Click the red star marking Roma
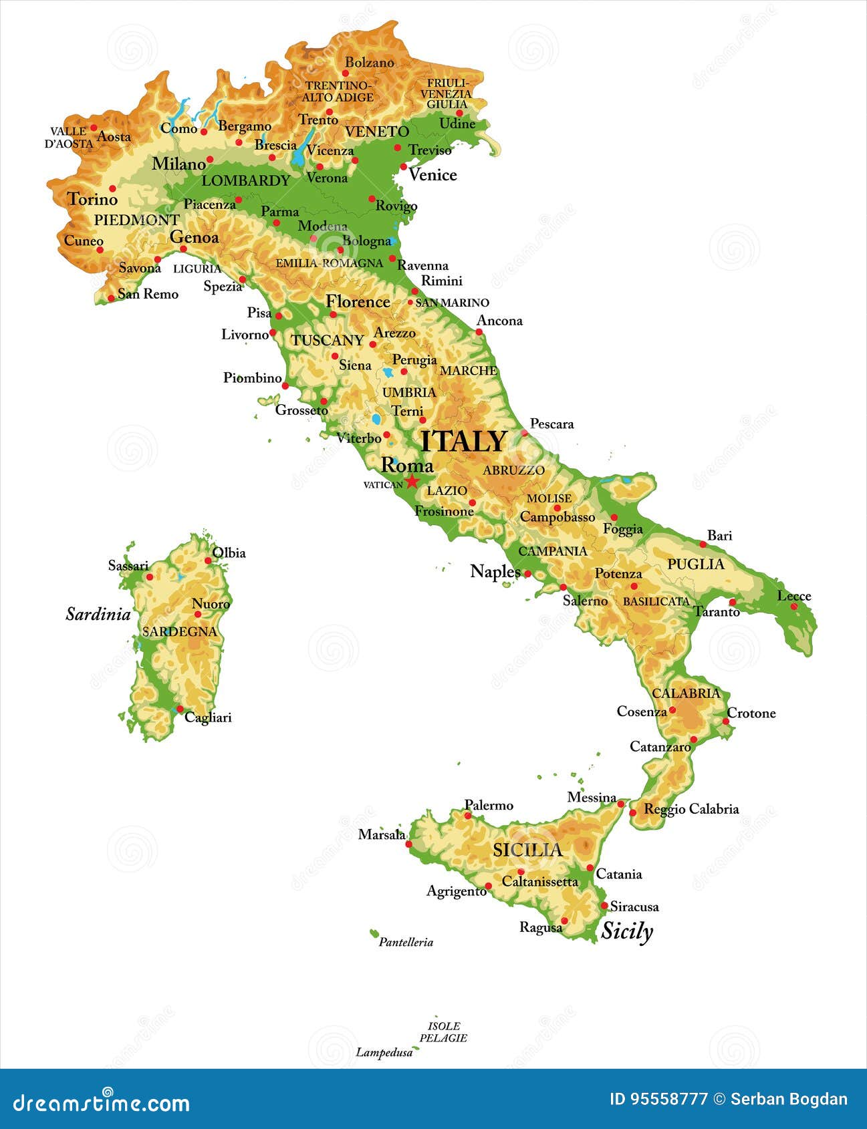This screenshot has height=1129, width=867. pyautogui.click(x=412, y=481)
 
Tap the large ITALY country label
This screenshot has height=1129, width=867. pyautogui.click(x=464, y=442)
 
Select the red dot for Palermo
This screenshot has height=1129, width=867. pyautogui.click(x=468, y=816)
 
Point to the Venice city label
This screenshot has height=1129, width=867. pyautogui.click(x=432, y=175)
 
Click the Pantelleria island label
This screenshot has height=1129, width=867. pyautogui.click(x=406, y=942)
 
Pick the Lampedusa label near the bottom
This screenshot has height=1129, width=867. pyautogui.click(x=384, y=1053)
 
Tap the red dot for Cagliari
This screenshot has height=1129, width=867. pyautogui.click(x=179, y=709)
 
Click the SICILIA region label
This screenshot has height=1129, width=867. pyautogui.click(x=527, y=850)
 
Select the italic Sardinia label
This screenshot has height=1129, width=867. pyautogui.click(x=98, y=614)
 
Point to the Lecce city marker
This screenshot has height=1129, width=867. pyautogui.click(x=794, y=607)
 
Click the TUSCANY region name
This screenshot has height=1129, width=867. pyautogui.click(x=327, y=340)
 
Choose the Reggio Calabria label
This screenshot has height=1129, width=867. pyautogui.click(x=691, y=809)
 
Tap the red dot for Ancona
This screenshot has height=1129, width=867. pyautogui.click(x=479, y=332)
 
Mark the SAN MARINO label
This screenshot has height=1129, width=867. pyautogui.click(x=453, y=303)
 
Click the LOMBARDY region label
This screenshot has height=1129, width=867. pyautogui.click(x=246, y=180)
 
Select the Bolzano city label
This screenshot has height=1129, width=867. pyautogui.click(x=370, y=62)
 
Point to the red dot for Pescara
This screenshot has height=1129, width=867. pyautogui.click(x=525, y=433)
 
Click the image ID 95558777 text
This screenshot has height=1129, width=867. pyautogui.click(x=658, y=1100)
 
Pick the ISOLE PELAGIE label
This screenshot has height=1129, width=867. pyautogui.click(x=443, y=1031)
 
